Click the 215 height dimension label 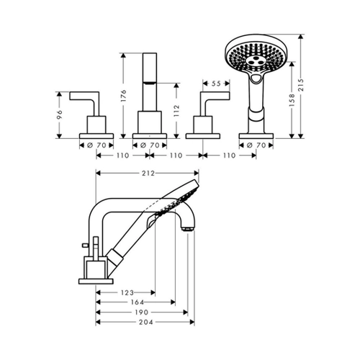301,84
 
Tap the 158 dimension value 292,100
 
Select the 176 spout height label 123,96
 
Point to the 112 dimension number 176,111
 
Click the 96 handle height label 60,114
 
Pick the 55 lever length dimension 216,84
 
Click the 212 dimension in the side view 148,173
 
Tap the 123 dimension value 127,292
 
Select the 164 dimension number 138,302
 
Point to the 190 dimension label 142,312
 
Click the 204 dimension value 146,322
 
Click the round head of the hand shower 256,54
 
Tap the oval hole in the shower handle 256,78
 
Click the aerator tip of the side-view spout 187,229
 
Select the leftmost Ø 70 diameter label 96,145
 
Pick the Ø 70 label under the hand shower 256,145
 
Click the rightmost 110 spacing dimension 229,156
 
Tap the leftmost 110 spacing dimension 122,156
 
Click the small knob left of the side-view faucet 84,245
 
